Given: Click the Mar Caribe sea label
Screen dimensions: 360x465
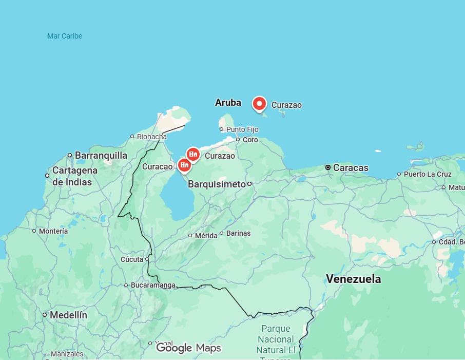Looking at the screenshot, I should pos(65,36).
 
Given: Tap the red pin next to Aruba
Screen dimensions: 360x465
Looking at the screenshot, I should pos(260,104).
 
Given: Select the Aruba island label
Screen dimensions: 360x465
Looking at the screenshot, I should pos(228,103).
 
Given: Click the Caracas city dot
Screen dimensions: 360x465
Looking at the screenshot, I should pos(328,167).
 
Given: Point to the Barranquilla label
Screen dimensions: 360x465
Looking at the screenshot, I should pos(101,155).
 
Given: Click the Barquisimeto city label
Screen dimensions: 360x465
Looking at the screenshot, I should pos(217,184).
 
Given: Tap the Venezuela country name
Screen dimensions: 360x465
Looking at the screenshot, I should pos(354,279).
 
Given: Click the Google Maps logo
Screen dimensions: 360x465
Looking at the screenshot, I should pos(188,348).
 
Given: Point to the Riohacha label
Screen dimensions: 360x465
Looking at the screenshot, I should pos(151,137).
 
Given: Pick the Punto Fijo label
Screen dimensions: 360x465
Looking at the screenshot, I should pos(242,129).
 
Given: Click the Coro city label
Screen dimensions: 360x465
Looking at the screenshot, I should pos(250,140).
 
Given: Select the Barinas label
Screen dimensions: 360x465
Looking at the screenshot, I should pos(238,233).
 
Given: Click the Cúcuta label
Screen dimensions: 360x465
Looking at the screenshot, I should pos(132,259).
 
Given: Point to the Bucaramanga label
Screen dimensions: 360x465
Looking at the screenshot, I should pos(153,285).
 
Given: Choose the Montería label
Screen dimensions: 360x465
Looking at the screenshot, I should pos(53,231).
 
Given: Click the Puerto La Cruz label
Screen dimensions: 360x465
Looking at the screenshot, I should pos(428,174).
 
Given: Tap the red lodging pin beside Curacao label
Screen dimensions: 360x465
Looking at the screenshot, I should pos(184,165).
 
